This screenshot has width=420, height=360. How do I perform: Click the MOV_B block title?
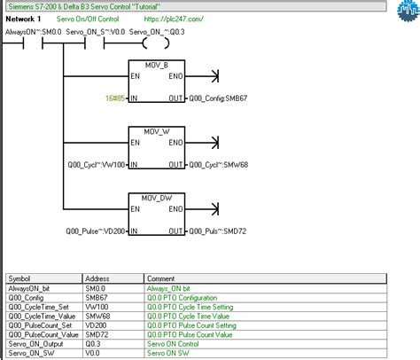156,66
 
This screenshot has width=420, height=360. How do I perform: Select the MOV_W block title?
156,129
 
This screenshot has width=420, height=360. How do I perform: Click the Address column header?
97,278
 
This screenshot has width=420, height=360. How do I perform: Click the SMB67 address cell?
97,298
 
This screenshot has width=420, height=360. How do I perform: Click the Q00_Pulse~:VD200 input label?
96,233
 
